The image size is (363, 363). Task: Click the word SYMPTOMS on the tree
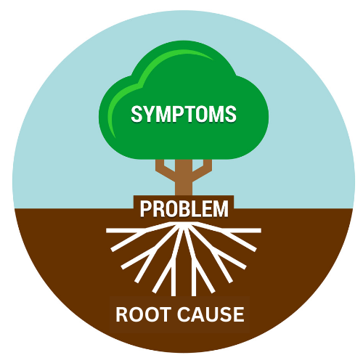(x=184, y=114)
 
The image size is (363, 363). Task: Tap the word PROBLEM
(x=184, y=208)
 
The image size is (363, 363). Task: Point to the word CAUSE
(x=211, y=314)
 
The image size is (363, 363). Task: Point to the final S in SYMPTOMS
(x=231, y=114)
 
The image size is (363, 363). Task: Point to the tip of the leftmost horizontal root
(x=107, y=231)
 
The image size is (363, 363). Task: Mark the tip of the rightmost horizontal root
(x=261, y=231)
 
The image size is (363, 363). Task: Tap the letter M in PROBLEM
(x=221, y=208)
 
